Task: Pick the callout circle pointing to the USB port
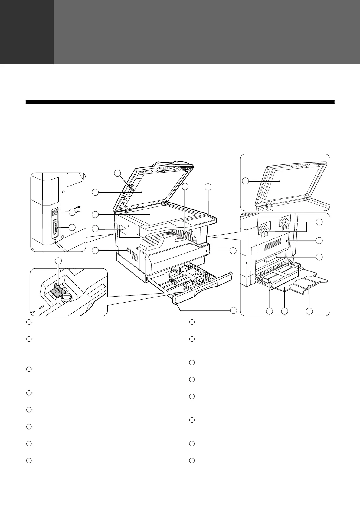pos(72,212)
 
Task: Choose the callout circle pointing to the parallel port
pos(72,227)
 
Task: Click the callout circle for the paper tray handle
pos(233,310)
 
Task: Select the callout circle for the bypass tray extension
pos(309,311)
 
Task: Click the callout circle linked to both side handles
pos(319,222)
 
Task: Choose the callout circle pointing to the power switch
pos(95,250)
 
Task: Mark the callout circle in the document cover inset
pos(246,181)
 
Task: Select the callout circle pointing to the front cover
pos(233,251)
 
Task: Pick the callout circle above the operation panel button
pos(208,187)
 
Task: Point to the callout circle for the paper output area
pos(186,187)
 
